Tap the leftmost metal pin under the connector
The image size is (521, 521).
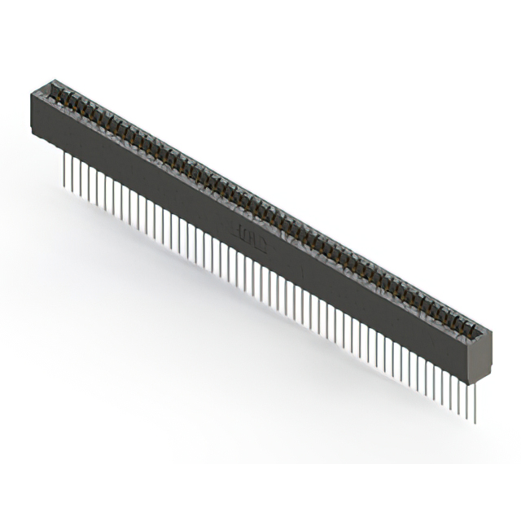[63, 169]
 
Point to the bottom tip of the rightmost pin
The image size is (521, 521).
[475, 422]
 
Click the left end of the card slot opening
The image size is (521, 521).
[50, 88]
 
